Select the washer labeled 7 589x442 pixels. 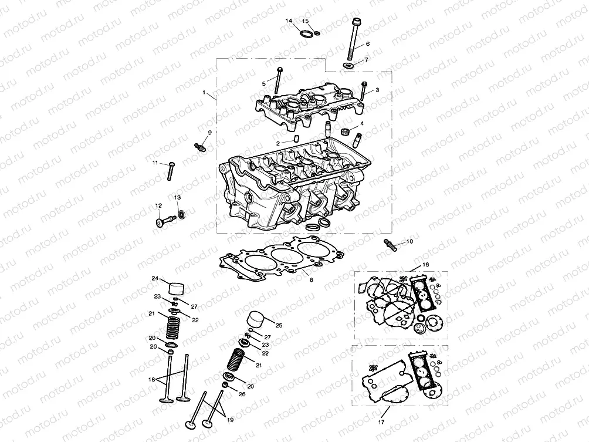pos(347,64)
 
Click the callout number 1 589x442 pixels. pos(204,93)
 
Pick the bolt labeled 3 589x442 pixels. pos(364,92)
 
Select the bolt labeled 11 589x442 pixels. pos(170,170)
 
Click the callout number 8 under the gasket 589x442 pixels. pos(312,281)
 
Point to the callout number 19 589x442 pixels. pos(230,420)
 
